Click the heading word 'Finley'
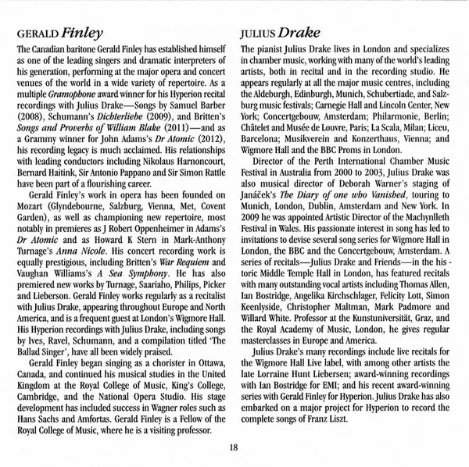coord(82,34)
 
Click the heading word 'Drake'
coord(295,34)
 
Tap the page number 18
coord(234,447)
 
